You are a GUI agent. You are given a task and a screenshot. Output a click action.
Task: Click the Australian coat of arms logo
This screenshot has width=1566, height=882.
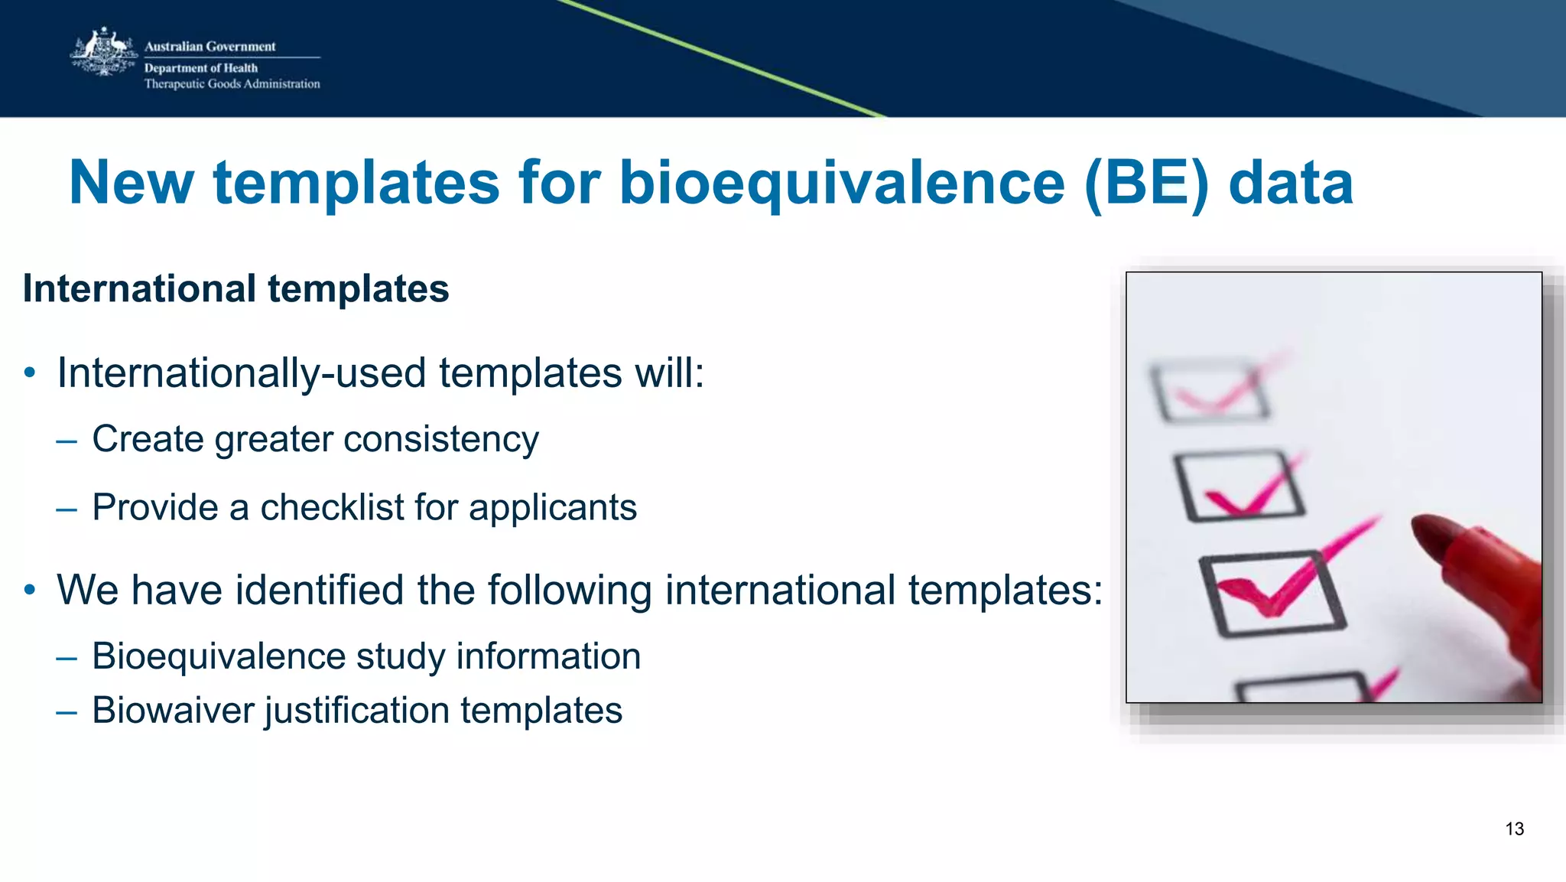coord(102,53)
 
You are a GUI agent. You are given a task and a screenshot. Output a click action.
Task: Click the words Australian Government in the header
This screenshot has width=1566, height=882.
coord(210,47)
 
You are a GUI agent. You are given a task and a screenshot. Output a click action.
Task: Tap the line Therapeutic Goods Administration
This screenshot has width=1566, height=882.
coord(232,84)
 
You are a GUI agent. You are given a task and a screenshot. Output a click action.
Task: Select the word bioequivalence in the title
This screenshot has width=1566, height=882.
coord(841,184)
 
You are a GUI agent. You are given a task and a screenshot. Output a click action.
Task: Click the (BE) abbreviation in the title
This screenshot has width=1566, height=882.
coord(1146,184)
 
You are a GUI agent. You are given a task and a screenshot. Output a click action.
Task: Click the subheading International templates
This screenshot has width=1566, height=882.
coord(236,289)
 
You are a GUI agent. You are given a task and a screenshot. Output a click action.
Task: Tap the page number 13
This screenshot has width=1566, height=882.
coord(1514,829)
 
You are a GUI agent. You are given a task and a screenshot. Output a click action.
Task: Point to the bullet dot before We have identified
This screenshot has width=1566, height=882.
coord(30,591)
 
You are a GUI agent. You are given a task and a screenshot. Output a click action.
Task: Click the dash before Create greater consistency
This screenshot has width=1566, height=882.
coord(67,441)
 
